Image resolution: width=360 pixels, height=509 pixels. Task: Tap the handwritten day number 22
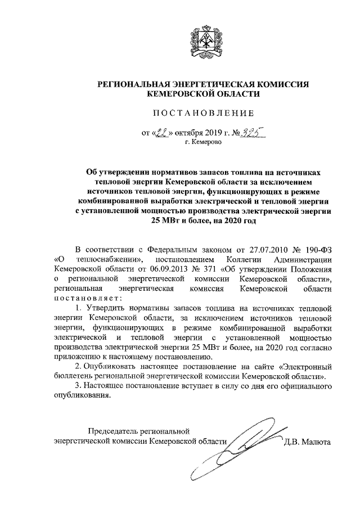point(162,134)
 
